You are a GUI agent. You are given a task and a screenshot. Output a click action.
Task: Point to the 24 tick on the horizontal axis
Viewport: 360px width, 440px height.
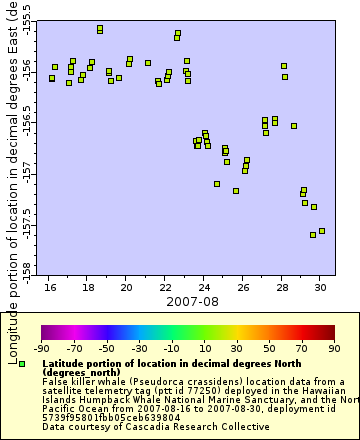pyautogui.click(x=204, y=285)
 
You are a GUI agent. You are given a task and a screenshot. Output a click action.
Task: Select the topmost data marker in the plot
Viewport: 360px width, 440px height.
pyautogui.click(x=100, y=29)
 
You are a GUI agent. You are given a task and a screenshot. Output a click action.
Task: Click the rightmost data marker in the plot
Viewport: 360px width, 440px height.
pyautogui.click(x=321, y=231)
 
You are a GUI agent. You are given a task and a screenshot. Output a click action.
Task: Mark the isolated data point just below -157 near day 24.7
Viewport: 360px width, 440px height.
pyautogui.click(x=217, y=184)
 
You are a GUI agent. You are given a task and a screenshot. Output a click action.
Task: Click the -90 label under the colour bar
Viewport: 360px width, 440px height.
pyautogui.click(x=41, y=349)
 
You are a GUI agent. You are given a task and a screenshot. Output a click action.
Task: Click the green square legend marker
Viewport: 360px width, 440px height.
pyautogui.click(x=22, y=364)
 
